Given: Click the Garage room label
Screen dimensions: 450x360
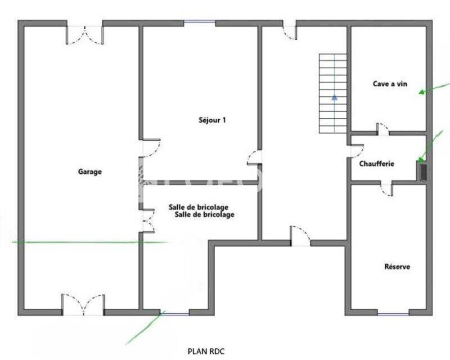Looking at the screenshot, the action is [x=90, y=172].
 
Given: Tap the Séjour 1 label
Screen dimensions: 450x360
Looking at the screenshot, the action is [x=213, y=120].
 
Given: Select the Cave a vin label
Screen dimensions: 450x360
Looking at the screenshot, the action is [x=390, y=84].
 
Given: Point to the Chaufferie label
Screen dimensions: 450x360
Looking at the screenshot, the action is [x=377, y=164].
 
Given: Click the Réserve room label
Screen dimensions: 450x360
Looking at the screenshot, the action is [x=397, y=267].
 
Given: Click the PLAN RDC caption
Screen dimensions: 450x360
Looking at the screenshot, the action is [x=206, y=351].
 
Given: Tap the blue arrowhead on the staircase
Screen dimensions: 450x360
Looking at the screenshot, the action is [x=334, y=97].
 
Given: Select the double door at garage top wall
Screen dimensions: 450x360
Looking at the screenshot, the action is [x=85, y=35].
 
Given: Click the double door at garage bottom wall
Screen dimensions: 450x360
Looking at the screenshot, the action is [x=83, y=304].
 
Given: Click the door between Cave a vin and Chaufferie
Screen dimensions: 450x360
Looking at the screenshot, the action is [x=382, y=129].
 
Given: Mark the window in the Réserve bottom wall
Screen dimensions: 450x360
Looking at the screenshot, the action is [x=393, y=314].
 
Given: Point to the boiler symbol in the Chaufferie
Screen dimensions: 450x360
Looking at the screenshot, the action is [x=423, y=172].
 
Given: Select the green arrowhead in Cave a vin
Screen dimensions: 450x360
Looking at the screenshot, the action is [x=422, y=92].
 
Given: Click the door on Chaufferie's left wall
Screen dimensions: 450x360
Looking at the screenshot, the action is [x=357, y=150].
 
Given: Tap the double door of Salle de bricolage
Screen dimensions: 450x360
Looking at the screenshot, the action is [x=148, y=220].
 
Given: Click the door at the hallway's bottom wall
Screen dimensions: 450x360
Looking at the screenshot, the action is [x=300, y=236].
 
